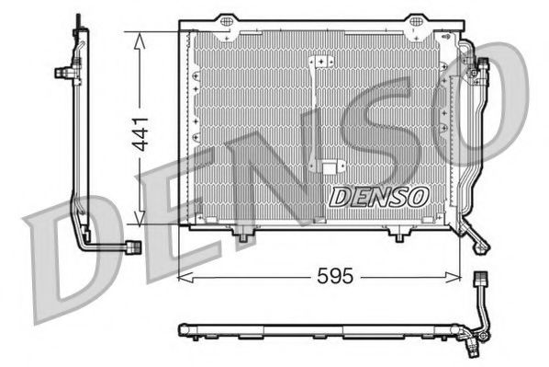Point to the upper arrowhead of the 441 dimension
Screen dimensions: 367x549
pyautogui.click(x=138, y=37)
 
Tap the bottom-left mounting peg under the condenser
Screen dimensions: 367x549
pyautogui.click(x=241, y=238)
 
